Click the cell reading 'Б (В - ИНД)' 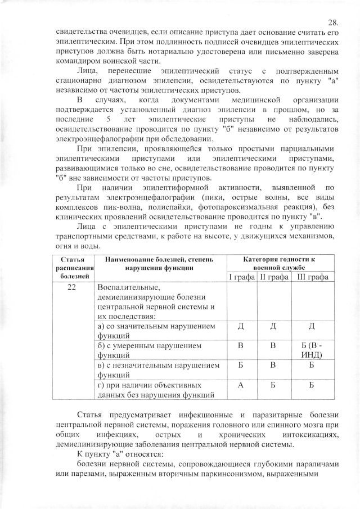pos(311,350)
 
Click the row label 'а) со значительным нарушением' pos(155,327)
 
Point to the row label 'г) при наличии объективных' pos(152,385)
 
